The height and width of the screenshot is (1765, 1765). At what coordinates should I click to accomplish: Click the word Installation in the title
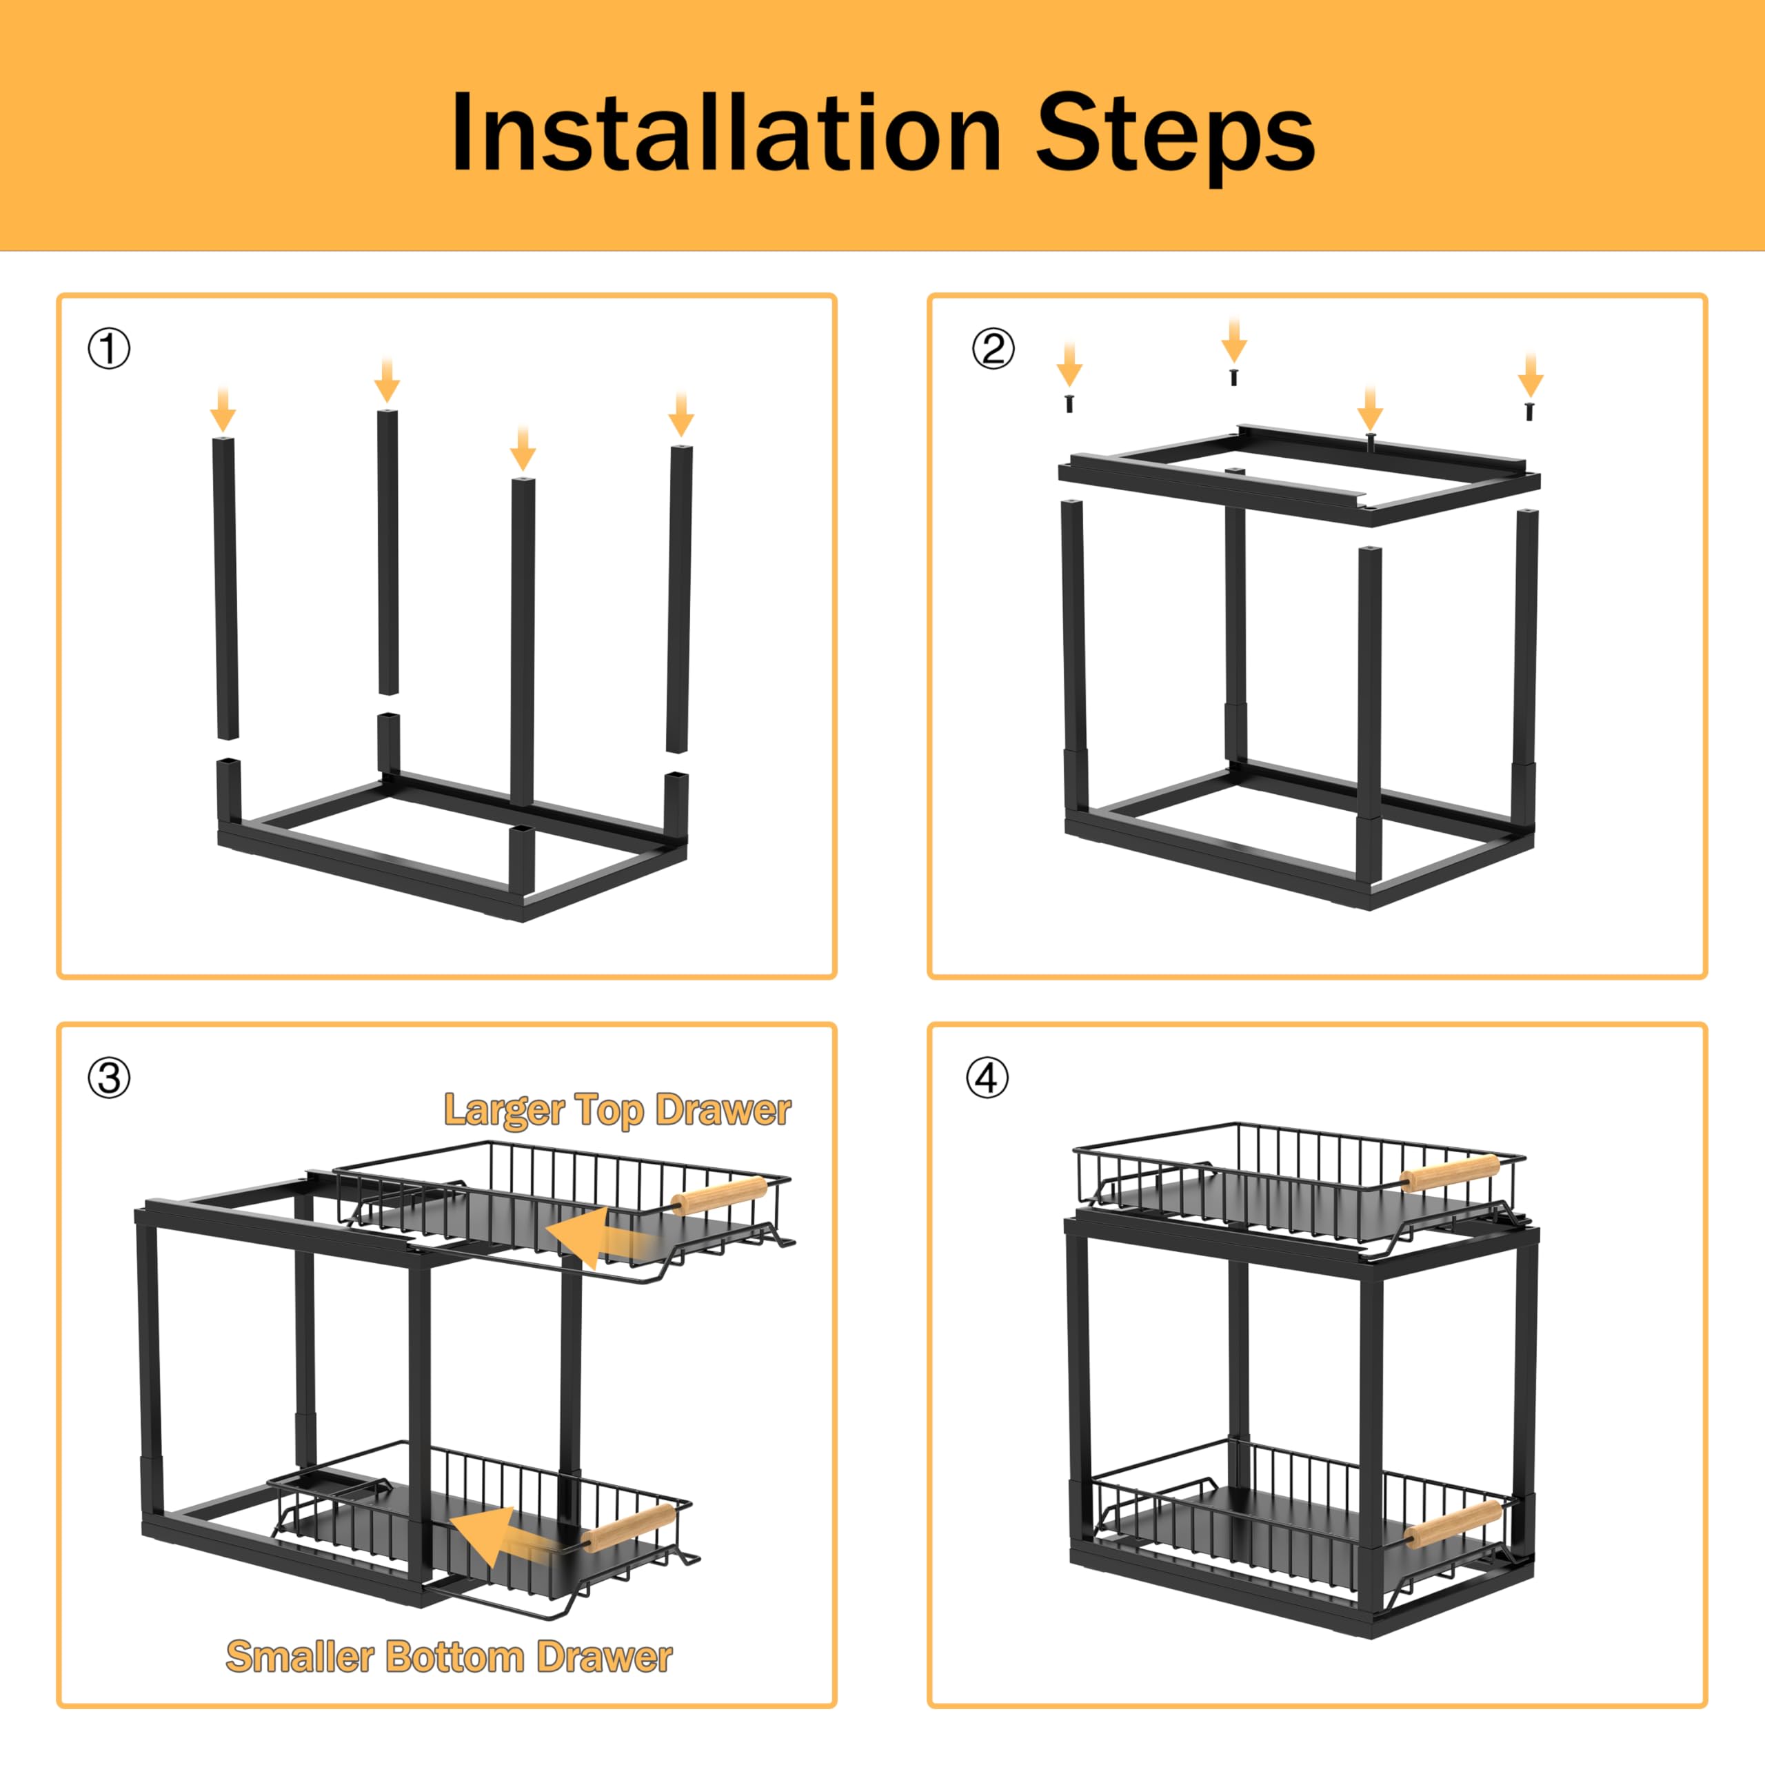point(726,133)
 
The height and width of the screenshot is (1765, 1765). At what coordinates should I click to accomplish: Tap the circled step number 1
point(109,349)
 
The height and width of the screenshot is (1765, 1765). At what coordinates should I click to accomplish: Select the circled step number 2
point(992,349)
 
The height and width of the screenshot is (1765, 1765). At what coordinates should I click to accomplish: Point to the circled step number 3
point(109,1078)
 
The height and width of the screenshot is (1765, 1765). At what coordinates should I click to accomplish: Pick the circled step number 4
point(987,1078)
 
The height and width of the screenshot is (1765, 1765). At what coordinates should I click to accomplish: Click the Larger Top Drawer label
point(618,1111)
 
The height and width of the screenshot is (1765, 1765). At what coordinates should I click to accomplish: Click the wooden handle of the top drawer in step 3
point(719,1196)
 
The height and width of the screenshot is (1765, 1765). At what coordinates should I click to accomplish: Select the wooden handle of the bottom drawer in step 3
point(629,1529)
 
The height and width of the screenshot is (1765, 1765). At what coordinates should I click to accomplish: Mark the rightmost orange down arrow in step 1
point(681,414)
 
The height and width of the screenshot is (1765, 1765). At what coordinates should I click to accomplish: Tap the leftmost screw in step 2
point(1069,403)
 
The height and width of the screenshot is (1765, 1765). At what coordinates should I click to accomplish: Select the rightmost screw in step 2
point(1529,411)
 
